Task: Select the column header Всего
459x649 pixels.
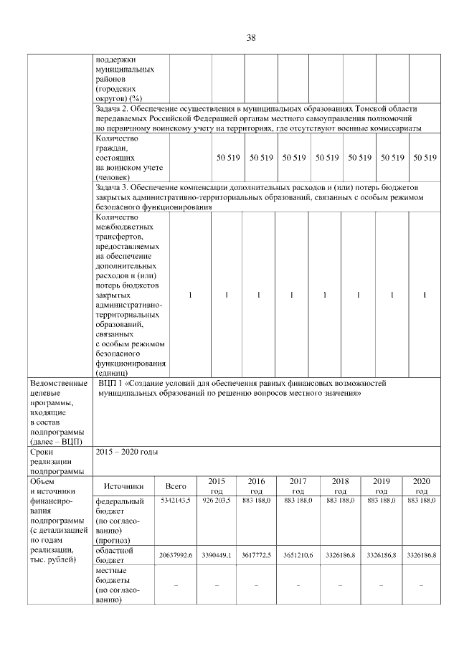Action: pos(176,485)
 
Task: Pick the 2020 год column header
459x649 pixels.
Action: pos(422,485)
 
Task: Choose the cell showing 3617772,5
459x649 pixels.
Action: pos(256,556)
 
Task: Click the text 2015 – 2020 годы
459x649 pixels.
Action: pos(126,452)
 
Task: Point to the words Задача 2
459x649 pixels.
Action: pos(113,108)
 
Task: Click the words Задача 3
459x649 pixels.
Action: pos(113,187)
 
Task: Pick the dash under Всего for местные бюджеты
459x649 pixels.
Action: pos(176,585)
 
